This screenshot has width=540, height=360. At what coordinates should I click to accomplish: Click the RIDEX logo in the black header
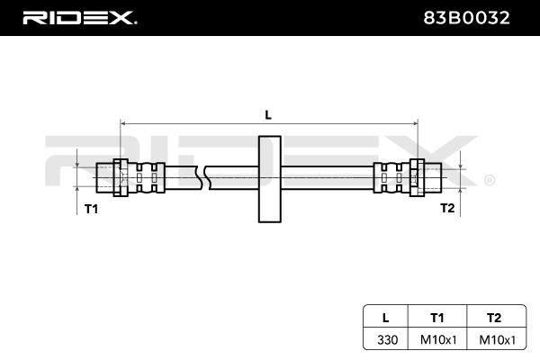point(79,18)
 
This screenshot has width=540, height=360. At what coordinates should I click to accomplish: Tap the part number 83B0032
point(466,18)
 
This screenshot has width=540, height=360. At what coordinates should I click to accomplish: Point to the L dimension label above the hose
point(268,114)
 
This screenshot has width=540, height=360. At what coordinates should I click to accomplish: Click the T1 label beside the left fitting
point(91,209)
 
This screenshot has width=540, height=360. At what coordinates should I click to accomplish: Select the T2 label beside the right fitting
point(447,208)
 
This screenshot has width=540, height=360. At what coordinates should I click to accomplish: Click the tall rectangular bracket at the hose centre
point(270,179)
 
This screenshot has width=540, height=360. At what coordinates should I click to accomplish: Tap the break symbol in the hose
point(203,178)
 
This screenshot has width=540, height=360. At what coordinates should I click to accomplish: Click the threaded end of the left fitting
point(104,178)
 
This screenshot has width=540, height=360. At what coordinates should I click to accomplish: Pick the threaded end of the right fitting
point(433,178)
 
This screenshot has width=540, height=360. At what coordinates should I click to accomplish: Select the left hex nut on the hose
point(121,178)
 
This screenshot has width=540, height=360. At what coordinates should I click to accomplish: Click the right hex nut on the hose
point(417,178)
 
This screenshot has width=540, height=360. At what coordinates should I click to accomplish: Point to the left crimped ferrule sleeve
point(147,178)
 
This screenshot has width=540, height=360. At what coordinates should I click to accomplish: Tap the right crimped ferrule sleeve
point(391,178)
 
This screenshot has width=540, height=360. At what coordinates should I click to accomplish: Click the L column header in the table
point(386,318)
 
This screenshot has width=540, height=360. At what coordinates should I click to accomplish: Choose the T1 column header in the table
point(437,318)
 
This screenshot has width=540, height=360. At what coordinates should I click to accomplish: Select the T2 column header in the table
point(494,318)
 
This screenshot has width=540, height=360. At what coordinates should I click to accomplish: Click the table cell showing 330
point(387,340)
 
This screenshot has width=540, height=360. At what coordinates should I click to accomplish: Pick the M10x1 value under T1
point(438,340)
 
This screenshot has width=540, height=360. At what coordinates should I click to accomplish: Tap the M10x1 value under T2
point(498,340)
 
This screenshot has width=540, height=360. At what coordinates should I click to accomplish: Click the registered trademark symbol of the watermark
point(490,180)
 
